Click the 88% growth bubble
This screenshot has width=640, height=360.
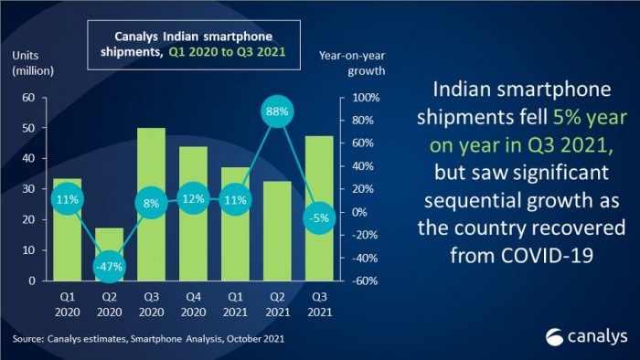[277, 111]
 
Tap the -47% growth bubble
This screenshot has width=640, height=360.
[109, 267]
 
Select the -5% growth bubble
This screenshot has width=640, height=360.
[319, 218]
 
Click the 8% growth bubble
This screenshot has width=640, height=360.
[152, 203]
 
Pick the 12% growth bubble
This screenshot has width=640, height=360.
[193, 199]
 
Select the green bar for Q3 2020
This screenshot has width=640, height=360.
[152, 205]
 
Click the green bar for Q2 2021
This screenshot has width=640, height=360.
[277, 231]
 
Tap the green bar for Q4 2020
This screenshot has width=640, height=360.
[193, 214]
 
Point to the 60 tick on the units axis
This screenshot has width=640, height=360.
[28, 98]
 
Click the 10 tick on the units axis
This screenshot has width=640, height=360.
[28, 250]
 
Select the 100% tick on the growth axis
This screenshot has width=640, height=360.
[366, 98]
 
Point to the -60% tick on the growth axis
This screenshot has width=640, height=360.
[365, 281]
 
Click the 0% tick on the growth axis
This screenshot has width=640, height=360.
[359, 212]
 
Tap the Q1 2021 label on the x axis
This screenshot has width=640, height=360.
[235, 304]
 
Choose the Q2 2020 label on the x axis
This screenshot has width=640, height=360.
[109, 304]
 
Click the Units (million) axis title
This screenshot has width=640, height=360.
[33, 63]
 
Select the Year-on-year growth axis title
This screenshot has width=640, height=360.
[352, 63]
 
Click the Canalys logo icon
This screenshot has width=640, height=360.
[554, 337]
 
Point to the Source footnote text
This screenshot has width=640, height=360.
[148, 339]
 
